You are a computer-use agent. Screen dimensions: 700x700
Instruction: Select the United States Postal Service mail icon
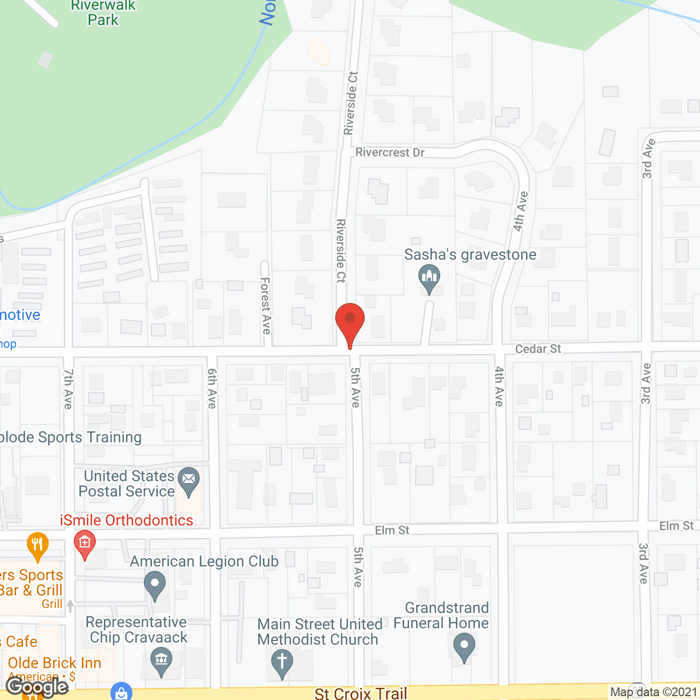tap(189, 481)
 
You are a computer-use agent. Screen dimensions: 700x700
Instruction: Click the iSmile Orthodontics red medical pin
tap(85, 544)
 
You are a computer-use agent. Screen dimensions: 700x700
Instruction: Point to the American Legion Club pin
tap(155, 585)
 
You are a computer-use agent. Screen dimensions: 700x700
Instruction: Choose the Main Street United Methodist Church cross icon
tap(282, 662)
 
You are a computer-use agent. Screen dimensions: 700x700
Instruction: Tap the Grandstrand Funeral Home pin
tap(464, 647)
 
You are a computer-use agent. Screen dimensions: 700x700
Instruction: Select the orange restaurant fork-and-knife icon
tap(37, 545)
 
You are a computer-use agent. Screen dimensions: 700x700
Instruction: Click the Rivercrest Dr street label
tap(390, 153)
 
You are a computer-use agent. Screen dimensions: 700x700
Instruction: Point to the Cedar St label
tap(538, 349)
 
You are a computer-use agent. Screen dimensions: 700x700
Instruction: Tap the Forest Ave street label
tap(266, 305)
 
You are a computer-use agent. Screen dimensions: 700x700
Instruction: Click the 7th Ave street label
tap(68, 389)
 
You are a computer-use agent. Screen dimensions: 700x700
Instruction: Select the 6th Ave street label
tap(212, 388)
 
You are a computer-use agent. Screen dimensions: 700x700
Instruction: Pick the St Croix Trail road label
tap(361, 693)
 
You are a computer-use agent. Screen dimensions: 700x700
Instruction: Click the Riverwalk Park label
tap(103, 13)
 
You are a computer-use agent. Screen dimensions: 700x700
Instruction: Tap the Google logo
tap(37, 686)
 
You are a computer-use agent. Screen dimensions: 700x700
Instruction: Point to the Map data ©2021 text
tap(654, 692)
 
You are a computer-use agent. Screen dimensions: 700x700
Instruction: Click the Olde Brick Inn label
tap(55, 663)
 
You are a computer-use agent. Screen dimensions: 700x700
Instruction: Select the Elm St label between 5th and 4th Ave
tap(392, 530)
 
